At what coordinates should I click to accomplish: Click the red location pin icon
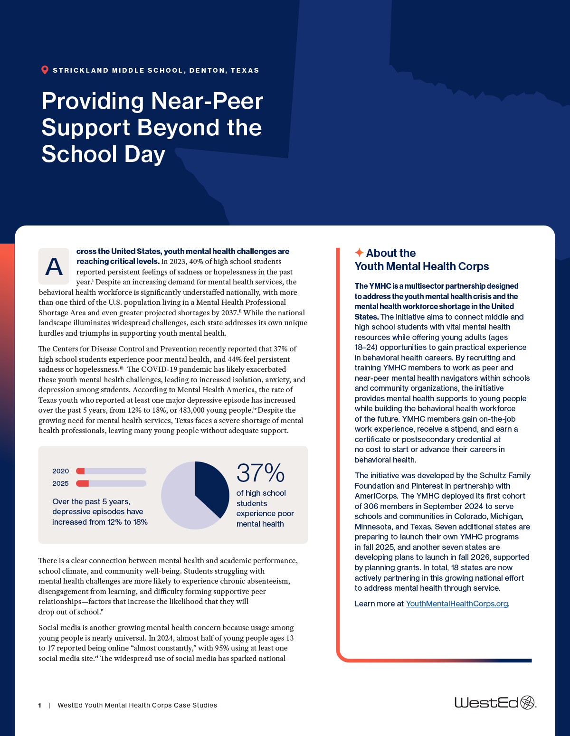(45, 70)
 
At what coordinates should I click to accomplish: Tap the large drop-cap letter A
(54, 266)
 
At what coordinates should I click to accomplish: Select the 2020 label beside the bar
(60, 471)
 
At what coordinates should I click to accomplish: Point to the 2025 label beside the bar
(60, 483)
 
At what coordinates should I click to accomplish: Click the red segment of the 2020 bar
(80, 471)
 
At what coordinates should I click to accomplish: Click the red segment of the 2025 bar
(83, 483)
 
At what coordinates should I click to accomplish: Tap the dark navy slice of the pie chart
(211, 487)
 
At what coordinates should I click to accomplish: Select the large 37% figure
(260, 473)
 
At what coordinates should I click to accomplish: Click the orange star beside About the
(359, 253)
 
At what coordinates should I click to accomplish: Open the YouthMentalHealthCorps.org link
(456, 604)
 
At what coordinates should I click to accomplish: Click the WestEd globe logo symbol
(527, 702)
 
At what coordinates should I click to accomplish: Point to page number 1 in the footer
(40, 706)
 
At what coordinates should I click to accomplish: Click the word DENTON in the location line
(207, 70)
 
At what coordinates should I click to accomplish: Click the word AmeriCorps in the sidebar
(375, 496)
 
